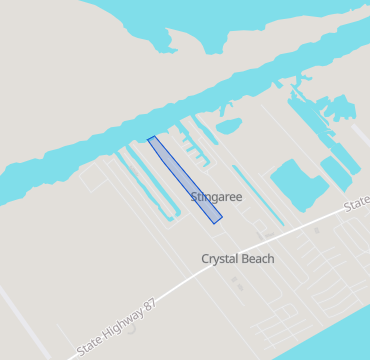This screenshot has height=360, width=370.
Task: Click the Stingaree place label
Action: [216, 197]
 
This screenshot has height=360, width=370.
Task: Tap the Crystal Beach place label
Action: [238, 258]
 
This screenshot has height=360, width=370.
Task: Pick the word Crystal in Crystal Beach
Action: [221, 258]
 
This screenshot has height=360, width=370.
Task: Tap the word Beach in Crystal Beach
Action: [257, 258]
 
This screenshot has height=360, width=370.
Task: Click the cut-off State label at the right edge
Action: [357, 206]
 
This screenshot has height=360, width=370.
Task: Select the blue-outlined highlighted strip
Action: [185, 176]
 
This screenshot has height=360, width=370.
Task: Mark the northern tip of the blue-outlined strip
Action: [151, 139]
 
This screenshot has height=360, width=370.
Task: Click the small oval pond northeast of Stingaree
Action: [229, 126]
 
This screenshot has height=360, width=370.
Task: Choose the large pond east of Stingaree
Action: [292, 180]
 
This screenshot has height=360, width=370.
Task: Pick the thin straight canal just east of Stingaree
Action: [255, 196]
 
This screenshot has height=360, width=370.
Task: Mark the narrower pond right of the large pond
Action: [335, 173]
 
